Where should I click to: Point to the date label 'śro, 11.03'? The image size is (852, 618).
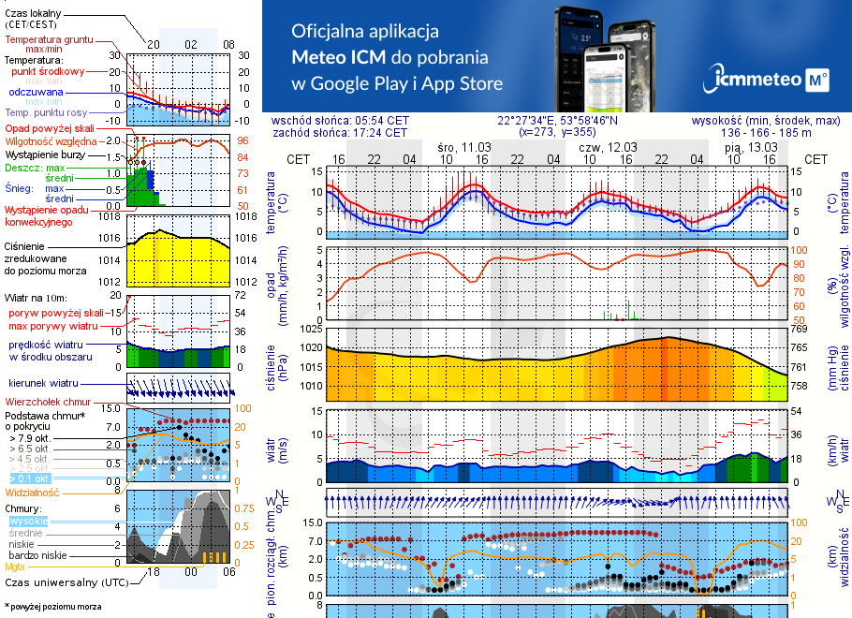(463, 147)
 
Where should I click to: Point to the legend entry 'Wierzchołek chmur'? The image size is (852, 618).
(46, 402)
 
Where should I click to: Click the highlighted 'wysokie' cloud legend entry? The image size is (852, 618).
(28, 520)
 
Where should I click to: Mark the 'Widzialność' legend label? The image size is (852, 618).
(33, 491)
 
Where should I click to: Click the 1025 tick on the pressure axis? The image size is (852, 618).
(309, 329)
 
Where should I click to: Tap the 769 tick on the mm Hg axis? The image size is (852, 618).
(798, 329)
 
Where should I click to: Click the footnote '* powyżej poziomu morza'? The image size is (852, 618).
(53, 607)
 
